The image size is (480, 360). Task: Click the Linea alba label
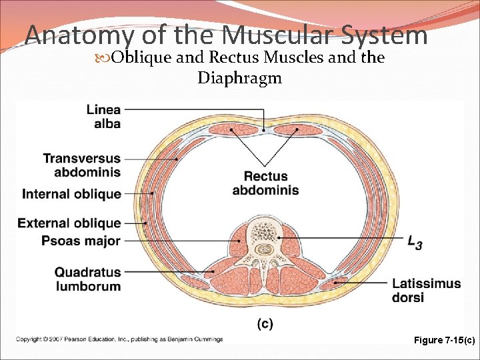point(103,116)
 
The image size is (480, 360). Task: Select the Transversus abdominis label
point(82,165)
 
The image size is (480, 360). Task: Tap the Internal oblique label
point(72,194)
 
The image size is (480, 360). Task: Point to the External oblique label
point(70,223)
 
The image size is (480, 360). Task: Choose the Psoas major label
point(81,241)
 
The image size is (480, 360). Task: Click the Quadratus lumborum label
point(87,279)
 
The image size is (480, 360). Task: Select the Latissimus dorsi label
point(426,291)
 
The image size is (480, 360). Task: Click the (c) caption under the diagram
point(265,324)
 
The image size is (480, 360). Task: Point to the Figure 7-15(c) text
point(444,340)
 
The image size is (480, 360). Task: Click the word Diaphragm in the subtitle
point(239,78)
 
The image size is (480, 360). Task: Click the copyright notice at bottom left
point(120,339)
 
